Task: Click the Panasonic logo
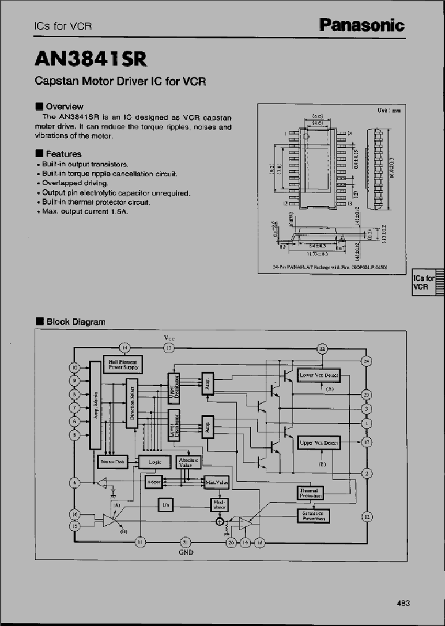[x=362, y=25]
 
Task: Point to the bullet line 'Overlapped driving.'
[x=75, y=183]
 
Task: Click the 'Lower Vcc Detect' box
[x=318, y=375]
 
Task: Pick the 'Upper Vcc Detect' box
[x=319, y=443]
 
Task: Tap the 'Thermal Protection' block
[x=310, y=492]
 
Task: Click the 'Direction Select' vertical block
[x=132, y=403]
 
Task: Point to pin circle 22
[x=322, y=349]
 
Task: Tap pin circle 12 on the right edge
[x=367, y=517]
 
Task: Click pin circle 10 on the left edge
[x=74, y=367]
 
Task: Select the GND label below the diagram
[x=187, y=552]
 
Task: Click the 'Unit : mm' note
[x=389, y=110]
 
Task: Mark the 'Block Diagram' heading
[x=75, y=322]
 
